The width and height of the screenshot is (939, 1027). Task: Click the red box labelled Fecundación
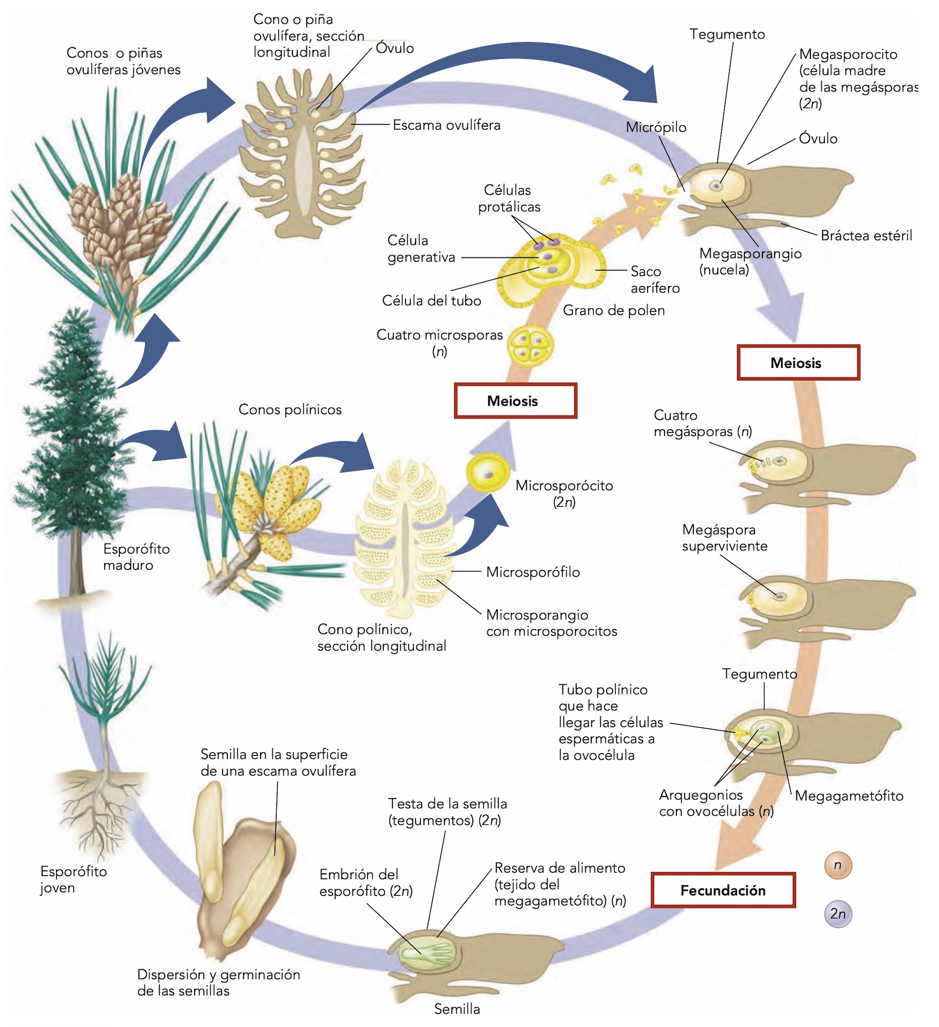coord(722,890)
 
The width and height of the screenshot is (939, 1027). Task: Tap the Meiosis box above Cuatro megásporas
coord(798,363)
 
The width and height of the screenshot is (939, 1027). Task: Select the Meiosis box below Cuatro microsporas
coord(515,401)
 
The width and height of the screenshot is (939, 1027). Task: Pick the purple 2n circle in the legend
coord(838,913)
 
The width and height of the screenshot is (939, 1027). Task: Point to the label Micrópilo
coord(656,127)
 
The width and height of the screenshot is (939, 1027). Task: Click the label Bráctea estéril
coord(866,235)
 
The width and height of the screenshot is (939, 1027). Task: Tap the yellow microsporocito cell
coord(488,473)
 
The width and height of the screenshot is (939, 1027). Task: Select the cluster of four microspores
coord(530,346)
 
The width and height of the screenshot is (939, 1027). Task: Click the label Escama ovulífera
coord(446,125)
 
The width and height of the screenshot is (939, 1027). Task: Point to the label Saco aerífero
coord(655,280)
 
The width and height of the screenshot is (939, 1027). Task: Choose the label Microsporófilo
coord(533,572)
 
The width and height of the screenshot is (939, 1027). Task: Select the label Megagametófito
coord(849,796)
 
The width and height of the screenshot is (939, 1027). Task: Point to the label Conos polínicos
coord(290,410)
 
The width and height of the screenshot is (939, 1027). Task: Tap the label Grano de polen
coord(614,310)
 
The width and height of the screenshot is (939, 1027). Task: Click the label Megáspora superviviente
coord(724,538)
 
